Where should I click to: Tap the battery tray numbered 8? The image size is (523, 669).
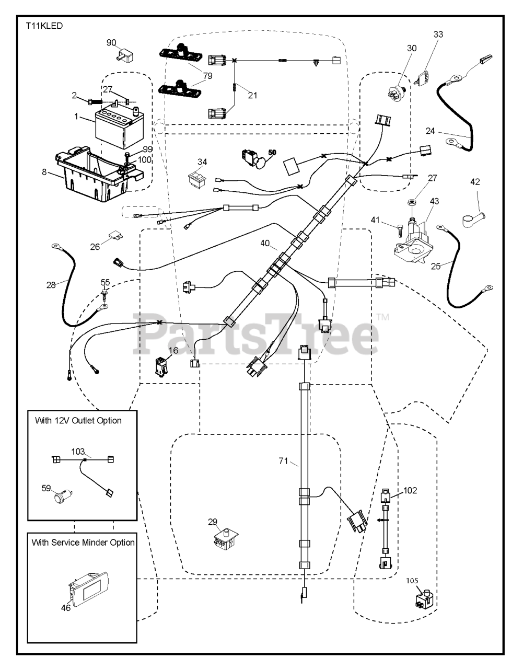[x=97, y=176]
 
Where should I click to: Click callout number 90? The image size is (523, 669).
[x=112, y=42]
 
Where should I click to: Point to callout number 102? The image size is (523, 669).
[x=410, y=490]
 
